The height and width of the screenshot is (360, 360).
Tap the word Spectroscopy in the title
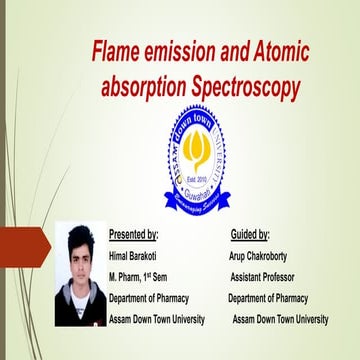pos(245,88)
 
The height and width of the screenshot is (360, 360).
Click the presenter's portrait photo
pos(79,277)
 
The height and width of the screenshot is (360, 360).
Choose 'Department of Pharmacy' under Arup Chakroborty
pos(268,298)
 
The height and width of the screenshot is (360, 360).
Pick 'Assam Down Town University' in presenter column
pos(157,319)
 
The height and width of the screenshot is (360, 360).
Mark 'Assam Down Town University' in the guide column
pos(280,319)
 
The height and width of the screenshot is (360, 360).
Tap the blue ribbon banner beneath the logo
pos(197,199)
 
